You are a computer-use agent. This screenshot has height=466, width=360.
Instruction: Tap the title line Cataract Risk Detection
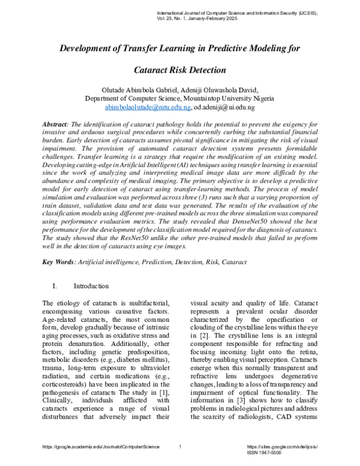180,70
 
